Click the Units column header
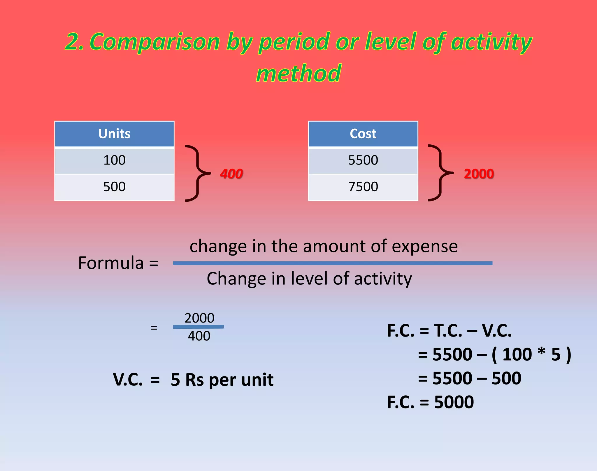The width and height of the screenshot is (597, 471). click(114, 134)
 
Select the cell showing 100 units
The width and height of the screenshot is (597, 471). click(114, 160)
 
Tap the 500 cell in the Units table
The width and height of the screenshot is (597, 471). click(114, 187)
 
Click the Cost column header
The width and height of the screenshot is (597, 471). click(363, 134)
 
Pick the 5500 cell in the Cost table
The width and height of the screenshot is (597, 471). click(363, 160)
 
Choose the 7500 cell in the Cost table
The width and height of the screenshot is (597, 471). click(363, 187)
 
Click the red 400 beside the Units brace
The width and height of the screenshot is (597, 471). click(231, 174)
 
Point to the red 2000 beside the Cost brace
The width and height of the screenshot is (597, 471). click(479, 174)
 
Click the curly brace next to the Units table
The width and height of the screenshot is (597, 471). click(197, 173)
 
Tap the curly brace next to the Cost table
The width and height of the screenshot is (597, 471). click(440, 173)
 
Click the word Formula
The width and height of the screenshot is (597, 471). click(111, 263)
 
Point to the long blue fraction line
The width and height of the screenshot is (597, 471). click(333, 263)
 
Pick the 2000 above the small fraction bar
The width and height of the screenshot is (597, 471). click(199, 318)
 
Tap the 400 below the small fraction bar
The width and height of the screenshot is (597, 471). click(199, 336)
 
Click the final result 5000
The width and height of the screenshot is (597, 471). click(454, 402)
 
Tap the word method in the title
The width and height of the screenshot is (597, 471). click(298, 73)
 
